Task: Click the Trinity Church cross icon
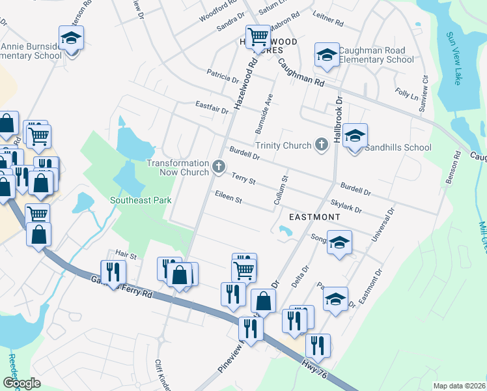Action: coord(320,145)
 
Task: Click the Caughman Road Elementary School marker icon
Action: coord(327,55)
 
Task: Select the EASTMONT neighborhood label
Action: coord(315,216)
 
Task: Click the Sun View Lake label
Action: coord(454,58)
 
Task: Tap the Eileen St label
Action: coord(228,197)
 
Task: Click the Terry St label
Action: coord(244,179)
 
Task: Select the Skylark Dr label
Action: coord(346,207)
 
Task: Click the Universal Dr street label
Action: coord(383,225)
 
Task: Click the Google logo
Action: coord(21,383)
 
